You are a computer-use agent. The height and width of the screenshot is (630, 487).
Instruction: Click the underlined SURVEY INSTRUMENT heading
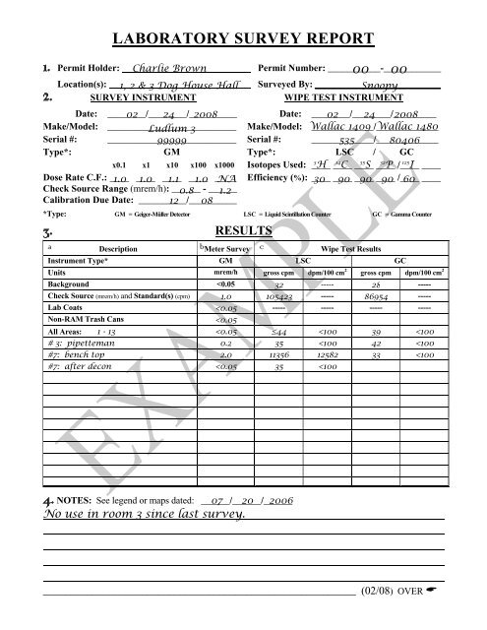click(x=122, y=100)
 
